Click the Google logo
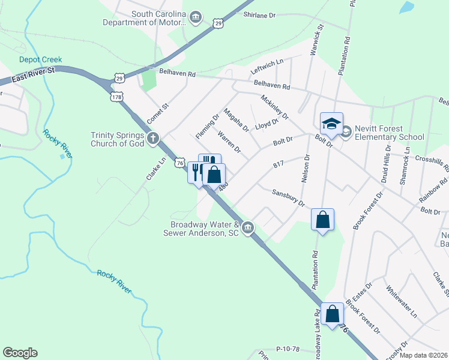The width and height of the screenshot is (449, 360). pos(20,353)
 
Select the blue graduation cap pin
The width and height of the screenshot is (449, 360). pos(331,124)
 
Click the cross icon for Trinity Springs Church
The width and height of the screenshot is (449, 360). pos(154,139)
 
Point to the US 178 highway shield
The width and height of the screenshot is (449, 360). pos(116,97)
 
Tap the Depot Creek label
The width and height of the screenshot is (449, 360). pos(41,59)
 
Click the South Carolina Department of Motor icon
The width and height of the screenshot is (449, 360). pos(196,18)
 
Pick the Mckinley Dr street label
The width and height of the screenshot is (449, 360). pos(274,107)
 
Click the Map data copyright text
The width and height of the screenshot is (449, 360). pos(423,355)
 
